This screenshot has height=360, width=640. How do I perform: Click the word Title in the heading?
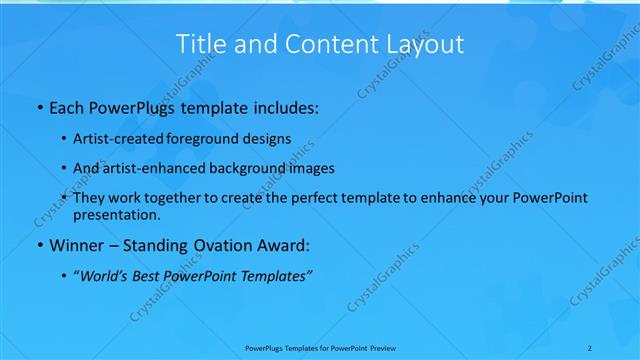(x=201, y=45)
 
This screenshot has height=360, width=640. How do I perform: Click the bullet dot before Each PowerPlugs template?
(x=39, y=106)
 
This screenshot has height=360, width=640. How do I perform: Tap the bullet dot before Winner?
(x=39, y=244)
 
